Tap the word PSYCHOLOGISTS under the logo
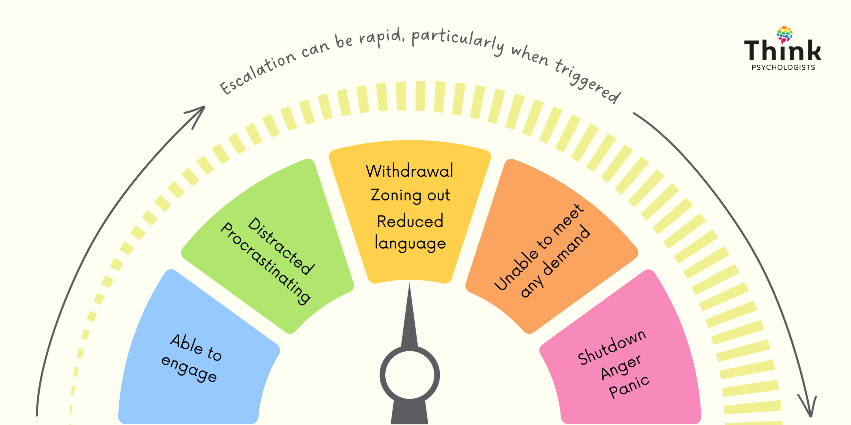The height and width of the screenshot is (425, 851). click(783, 67)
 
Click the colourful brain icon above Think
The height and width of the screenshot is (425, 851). click(785, 35)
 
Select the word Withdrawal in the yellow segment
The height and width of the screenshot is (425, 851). click(409, 171)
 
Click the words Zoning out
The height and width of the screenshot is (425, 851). click(410, 195)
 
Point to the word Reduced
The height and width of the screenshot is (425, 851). click(410, 221)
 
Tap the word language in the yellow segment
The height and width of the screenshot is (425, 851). click(410, 243)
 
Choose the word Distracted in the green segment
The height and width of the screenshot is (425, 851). click(281, 246)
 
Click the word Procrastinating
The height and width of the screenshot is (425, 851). click(266, 263)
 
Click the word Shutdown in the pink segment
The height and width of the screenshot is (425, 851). click(612, 347)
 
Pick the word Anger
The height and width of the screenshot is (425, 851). click(621, 366)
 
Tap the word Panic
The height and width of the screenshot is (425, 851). click(629, 387)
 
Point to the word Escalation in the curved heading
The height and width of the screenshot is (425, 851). click(258, 73)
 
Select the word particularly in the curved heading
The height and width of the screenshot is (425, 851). click(458, 42)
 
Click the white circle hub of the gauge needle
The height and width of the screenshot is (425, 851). click(410, 375)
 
